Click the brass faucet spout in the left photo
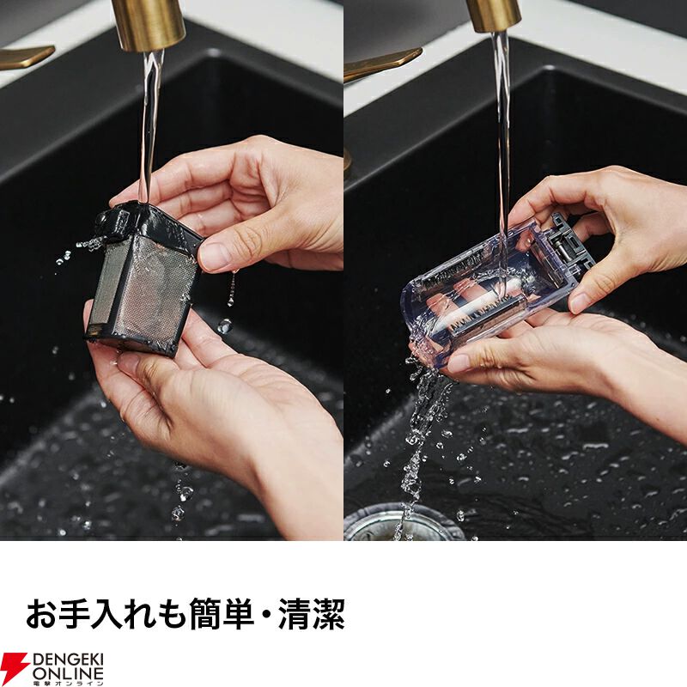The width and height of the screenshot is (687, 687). [x=148, y=24]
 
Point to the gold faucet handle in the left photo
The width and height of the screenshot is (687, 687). [x=27, y=56]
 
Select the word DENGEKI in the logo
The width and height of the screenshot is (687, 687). [x=68, y=660]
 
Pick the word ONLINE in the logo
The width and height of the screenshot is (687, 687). [x=68, y=674]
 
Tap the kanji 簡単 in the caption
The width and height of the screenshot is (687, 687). [x=222, y=613]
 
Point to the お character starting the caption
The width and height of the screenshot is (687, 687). [x=42, y=613]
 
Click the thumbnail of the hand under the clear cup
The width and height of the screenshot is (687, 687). [x=459, y=362]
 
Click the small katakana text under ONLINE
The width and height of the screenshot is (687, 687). [x=68, y=684]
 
